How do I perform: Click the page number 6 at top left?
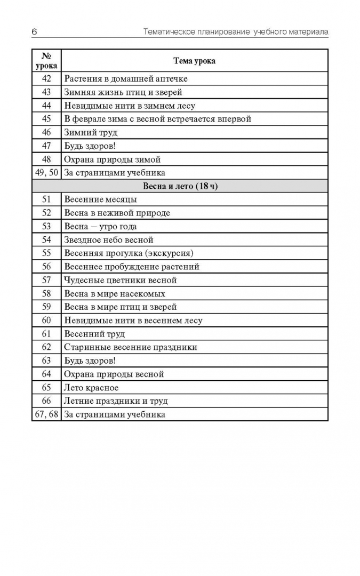coord(34,32)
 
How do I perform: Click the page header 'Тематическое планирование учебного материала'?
coord(236,32)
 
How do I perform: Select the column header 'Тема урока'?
coord(194,61)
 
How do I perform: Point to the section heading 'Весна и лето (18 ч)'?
coord(180,186)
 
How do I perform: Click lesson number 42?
coord(46,78)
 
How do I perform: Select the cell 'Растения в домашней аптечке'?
coord(126,78)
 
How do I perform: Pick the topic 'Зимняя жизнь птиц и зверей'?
coord(123,92)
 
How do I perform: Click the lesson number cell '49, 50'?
coord(46,172)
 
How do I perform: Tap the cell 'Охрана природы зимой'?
coord(112,159)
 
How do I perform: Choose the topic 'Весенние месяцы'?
coord(100,199)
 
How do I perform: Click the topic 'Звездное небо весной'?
coord(109,240)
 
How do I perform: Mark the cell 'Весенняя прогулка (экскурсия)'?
coord(129,253)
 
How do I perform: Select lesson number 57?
coord(46,280)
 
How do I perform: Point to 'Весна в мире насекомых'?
coord(115,293)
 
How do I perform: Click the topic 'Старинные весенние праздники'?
coord(131,347)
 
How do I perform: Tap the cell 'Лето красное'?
coord(91,388)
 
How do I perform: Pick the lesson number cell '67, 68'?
coord(46,414)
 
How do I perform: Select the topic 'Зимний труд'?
coord(91,132)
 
